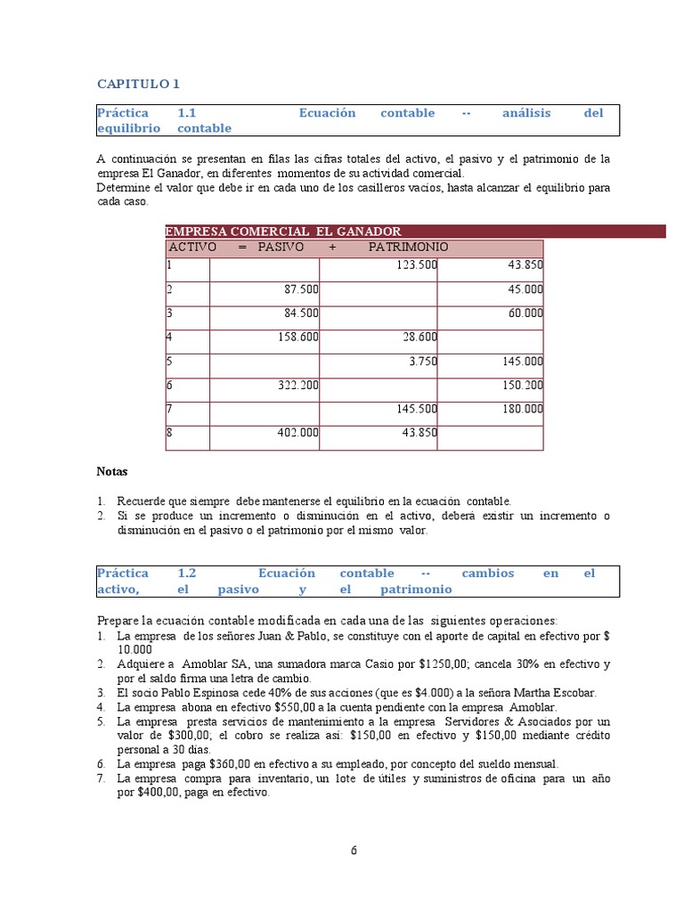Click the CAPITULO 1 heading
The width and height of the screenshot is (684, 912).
pyautogui.click(x=138, y=84)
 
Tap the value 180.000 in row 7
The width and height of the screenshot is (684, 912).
pyautogui.click(x=521, y=409)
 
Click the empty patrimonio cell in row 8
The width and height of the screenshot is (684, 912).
pyautogui.click(x=490, y=437)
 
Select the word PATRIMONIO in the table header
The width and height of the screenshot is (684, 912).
pyautogui.click(x=408, y=247)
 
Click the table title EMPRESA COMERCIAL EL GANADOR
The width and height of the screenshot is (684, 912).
pyautogui.click(x=283, y=232)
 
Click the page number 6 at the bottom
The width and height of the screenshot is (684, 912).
pyautogui.click(x=354, y=850)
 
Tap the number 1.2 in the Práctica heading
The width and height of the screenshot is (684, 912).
pyautogui.click(x=186, y=574)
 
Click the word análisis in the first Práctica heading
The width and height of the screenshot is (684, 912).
pyautogui.click(x=526, y=113)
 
